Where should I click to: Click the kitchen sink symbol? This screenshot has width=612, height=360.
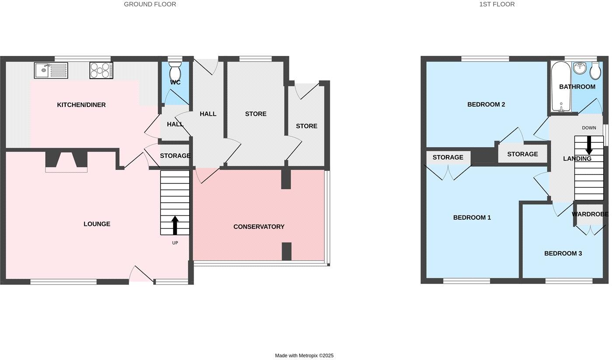(51, 70)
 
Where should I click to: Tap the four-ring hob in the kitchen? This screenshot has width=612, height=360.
(101, 70)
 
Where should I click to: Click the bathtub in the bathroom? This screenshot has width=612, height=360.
(559, 87)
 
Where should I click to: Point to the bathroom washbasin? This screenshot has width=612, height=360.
(581, 68)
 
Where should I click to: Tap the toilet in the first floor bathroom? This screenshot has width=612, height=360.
(595, 70)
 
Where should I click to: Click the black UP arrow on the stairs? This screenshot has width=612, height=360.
(175, 225)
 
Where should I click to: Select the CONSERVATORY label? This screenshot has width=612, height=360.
(259, 227)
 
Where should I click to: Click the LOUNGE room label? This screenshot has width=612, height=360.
(97, 224)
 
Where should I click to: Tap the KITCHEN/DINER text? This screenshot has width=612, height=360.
(81, 105)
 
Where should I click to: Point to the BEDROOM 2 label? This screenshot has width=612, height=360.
(486, 104)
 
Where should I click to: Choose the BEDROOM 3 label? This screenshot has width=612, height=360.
(563, 253)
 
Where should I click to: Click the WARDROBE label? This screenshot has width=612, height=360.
(590, 214)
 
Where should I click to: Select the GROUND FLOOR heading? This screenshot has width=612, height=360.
(150, 4)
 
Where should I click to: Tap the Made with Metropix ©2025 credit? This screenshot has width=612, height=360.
(304, 356)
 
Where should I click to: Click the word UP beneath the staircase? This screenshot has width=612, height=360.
(175, 243)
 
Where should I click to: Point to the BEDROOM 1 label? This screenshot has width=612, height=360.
(472, 218)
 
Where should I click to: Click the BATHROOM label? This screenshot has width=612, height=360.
(577, 87)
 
